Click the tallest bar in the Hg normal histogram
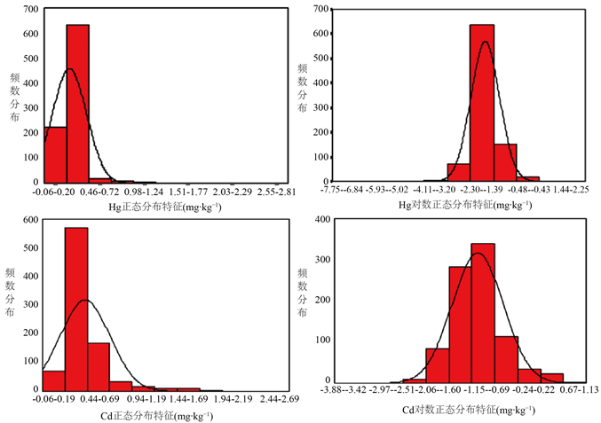tap(77, 103)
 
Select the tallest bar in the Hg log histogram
tap(482, 103)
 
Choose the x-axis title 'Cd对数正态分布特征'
tap(468, 411)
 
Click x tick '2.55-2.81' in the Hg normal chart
tap(264, 191)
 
